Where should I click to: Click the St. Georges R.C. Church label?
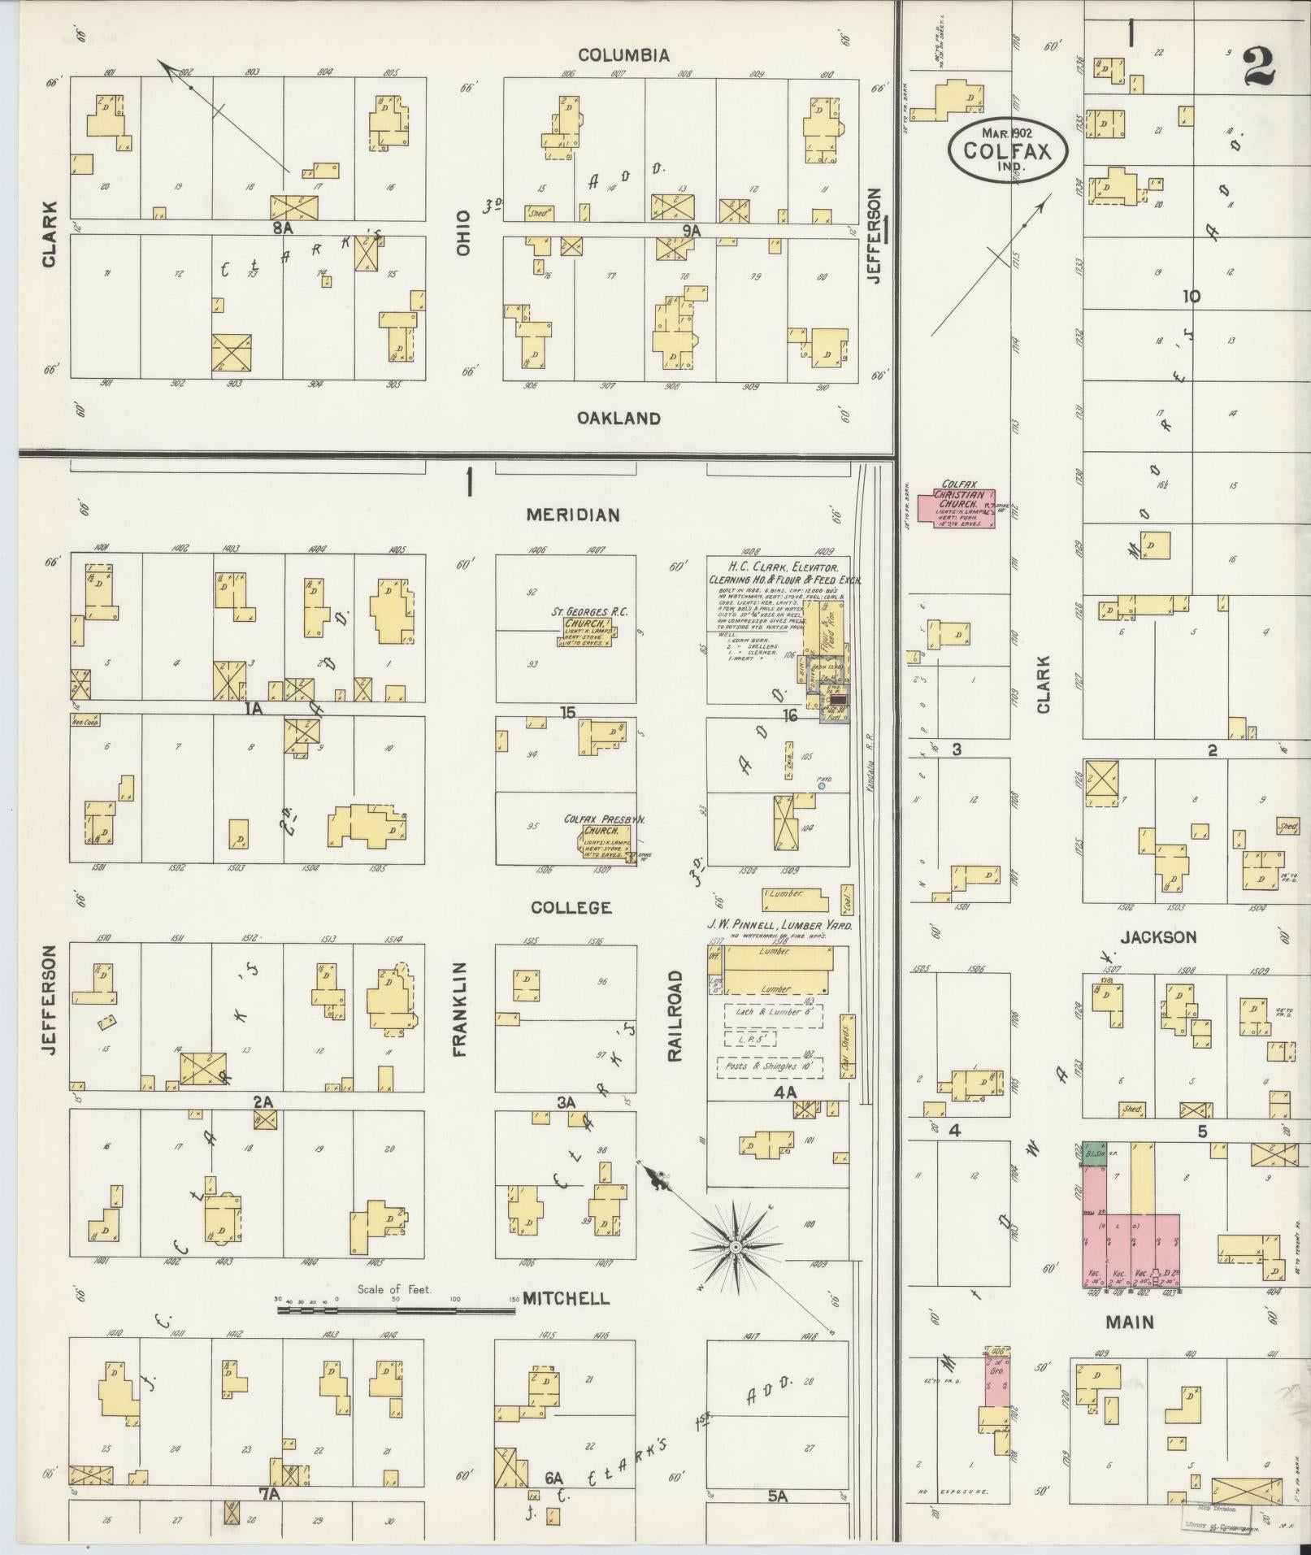pos(589,612)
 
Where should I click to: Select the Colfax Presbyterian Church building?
pos(603,841)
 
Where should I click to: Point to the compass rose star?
pos(735,1246)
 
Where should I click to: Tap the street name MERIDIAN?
pos(572,515)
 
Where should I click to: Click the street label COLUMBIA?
pos(623,55)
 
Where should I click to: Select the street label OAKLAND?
pos(619,418)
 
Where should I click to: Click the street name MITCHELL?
pos(566,1298)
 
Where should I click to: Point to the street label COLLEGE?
pos(571,907)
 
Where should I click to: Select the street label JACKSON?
pos(1158,937)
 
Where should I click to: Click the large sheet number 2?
pos(1258,67)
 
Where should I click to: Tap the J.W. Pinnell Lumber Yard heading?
pos(780,925)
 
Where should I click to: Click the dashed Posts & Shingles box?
pos(770,1066)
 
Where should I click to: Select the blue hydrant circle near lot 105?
pos(822,786)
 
